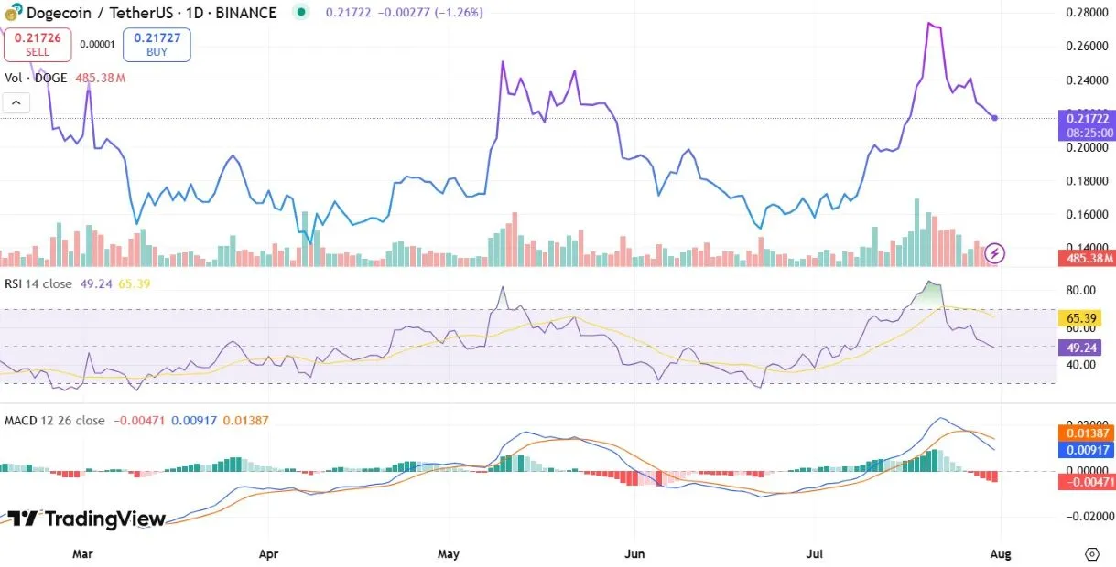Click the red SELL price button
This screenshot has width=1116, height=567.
point(38,44)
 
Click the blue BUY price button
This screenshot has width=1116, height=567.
point(157,44)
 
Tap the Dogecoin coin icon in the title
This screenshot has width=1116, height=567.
point(14,14)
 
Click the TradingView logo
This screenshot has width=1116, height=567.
point(87,519)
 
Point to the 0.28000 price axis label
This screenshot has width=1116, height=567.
point(1087,13)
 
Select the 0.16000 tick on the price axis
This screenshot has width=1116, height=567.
point(1087,215)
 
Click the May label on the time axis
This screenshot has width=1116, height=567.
point(449,553)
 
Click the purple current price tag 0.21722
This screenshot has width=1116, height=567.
point(1086,124)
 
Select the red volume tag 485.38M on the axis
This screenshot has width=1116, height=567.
point(1086,259)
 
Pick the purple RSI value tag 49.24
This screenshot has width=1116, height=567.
point(1080,348)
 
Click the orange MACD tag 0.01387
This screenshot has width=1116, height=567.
point(1086,433)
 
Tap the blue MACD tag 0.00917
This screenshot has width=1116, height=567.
point(1086,449)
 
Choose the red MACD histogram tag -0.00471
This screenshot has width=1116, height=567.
point(1086,481)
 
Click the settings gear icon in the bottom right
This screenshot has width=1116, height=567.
point(1091,554)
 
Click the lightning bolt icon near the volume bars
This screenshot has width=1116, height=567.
point(996,252)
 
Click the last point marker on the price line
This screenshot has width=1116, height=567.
point(995,118)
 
